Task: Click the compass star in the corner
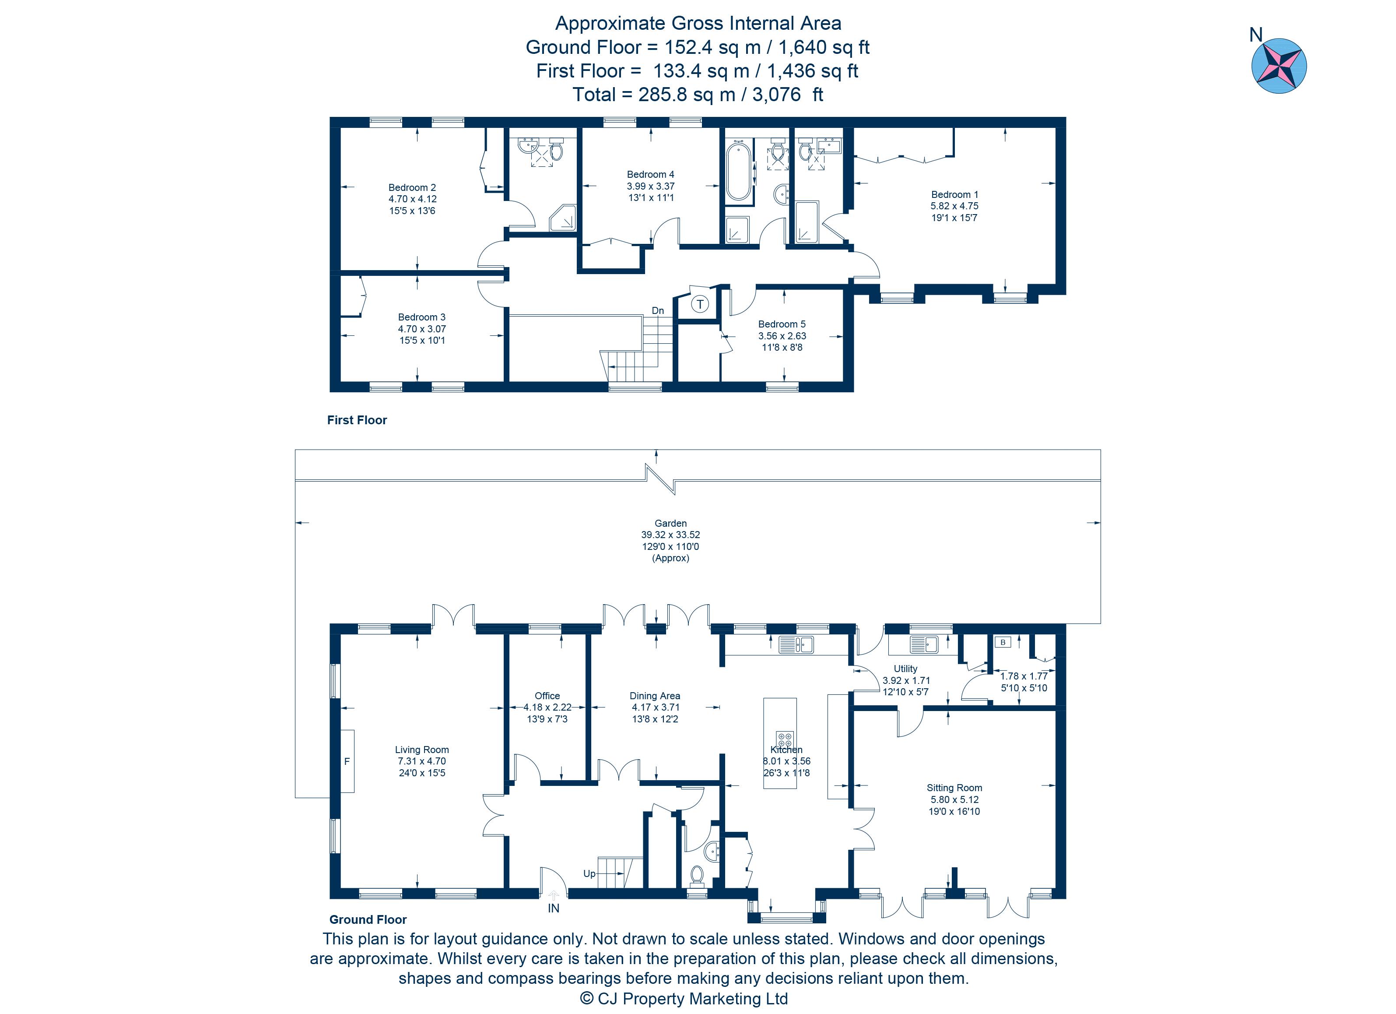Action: point(1279,66)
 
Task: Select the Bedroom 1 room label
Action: point(954,194)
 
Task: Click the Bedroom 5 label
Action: point(782,324)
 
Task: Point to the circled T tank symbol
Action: point(700,304)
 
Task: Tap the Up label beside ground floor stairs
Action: point(589,873)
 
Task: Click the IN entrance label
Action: point(553,908)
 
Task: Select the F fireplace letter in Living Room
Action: point(347,761)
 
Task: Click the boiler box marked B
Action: point(1003,642)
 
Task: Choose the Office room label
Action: point(547,696)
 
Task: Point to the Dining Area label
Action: point(655,696)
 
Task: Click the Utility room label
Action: point(905,669)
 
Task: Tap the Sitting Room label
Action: point(954,788)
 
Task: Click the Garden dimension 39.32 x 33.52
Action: point(670,535)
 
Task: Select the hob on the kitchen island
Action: point(784,739)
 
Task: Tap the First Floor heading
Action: point(357,420)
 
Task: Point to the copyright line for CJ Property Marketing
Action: point(684,998)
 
